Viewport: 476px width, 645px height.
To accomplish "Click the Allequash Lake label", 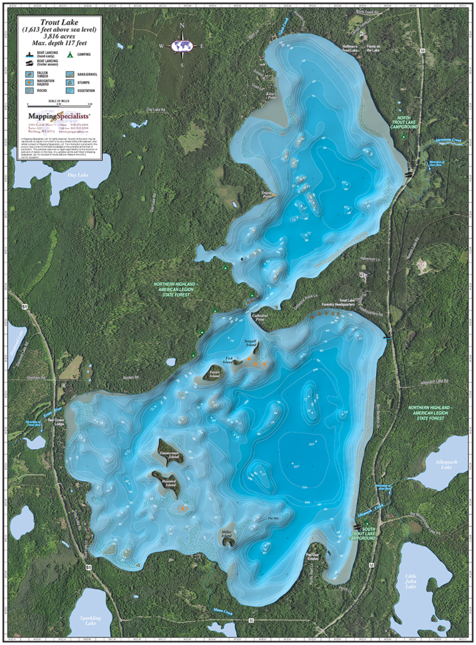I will pyautogui.click(x=445, y=464).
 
